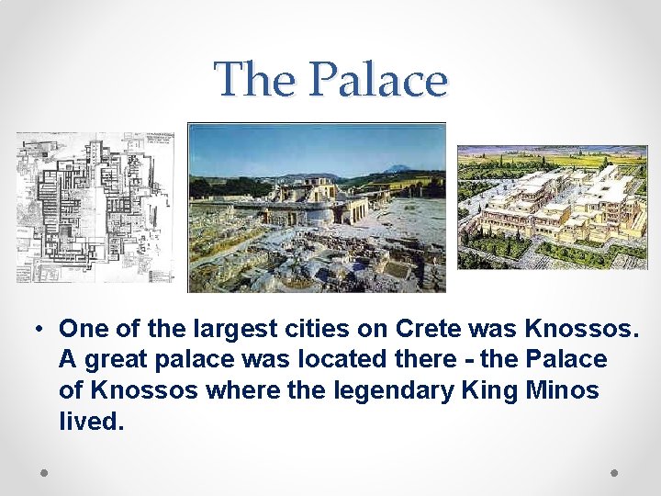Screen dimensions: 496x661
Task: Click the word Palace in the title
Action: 378,79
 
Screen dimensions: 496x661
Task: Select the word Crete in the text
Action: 431,329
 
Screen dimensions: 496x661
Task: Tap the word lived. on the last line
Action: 90,423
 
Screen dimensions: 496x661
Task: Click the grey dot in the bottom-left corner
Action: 45,472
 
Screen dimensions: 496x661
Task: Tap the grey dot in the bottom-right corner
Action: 615,472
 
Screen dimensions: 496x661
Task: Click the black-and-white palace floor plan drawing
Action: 94,208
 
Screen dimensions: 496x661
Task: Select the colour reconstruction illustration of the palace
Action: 552,207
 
